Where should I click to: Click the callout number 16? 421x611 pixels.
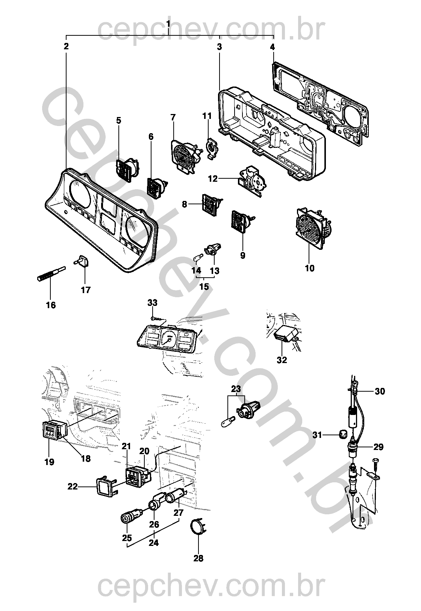coord(51,305)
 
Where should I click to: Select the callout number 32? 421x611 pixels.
coord(282,360)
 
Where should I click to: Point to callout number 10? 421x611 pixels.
coord(310,268)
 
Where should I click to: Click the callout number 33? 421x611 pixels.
coord(152,302)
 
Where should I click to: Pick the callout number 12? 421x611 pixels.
coord(213,179)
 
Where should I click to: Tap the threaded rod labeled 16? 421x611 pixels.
coord(51,274)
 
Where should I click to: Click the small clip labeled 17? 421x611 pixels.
coord(82,261)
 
